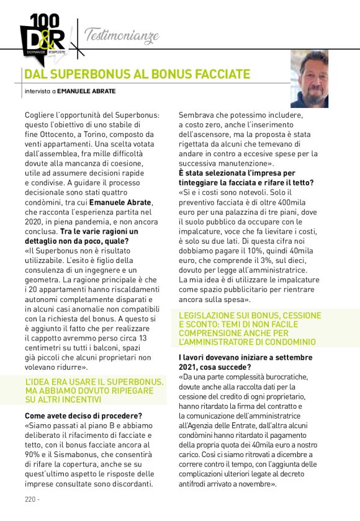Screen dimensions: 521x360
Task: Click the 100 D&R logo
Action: [x=42, y=37]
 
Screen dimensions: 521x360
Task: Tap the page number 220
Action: [x=30, y=499]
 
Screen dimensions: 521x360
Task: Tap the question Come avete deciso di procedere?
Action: [x=83, y=415]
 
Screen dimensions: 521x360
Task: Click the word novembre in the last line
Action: [x=256, y=483]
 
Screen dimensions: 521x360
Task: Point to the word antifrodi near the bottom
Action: [x=194, y=483]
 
